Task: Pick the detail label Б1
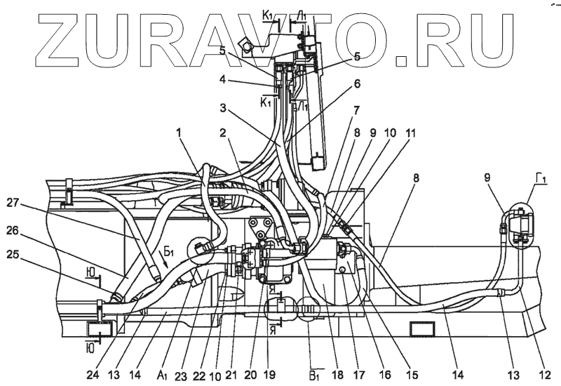[x=170, y=251]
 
